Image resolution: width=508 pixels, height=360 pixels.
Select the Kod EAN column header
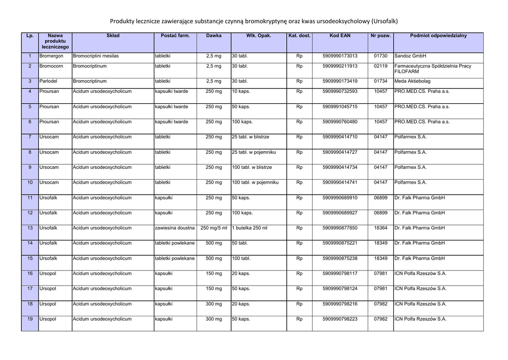pos(340,36)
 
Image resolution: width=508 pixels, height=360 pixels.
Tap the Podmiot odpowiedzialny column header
pos(438,36)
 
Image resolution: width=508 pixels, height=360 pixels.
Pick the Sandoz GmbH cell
pos(410,56)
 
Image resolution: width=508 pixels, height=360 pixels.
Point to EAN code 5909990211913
pos(340,66)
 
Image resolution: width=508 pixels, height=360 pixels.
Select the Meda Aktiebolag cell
pos(412,81)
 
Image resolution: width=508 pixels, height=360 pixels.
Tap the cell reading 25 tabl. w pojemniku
pos(254,152)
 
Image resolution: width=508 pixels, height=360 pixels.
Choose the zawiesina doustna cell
pos(175,228)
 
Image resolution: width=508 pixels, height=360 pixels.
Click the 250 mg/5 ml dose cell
pos(214,228)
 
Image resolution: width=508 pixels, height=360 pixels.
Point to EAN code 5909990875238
pos(340,258)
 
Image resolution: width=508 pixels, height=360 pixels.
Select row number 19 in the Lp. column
pos(30,319)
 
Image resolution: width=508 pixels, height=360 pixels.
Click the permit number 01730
pos(381,56)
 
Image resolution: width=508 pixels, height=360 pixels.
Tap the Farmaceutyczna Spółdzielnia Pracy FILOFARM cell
pos(433,69)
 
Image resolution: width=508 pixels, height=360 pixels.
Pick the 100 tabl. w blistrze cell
pos(252,167)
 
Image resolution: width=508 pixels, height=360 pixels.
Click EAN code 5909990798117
pos(340,274)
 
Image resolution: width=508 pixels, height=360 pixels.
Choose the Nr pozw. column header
pos(381,36)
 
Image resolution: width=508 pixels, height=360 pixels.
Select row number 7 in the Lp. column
pos(30,137)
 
